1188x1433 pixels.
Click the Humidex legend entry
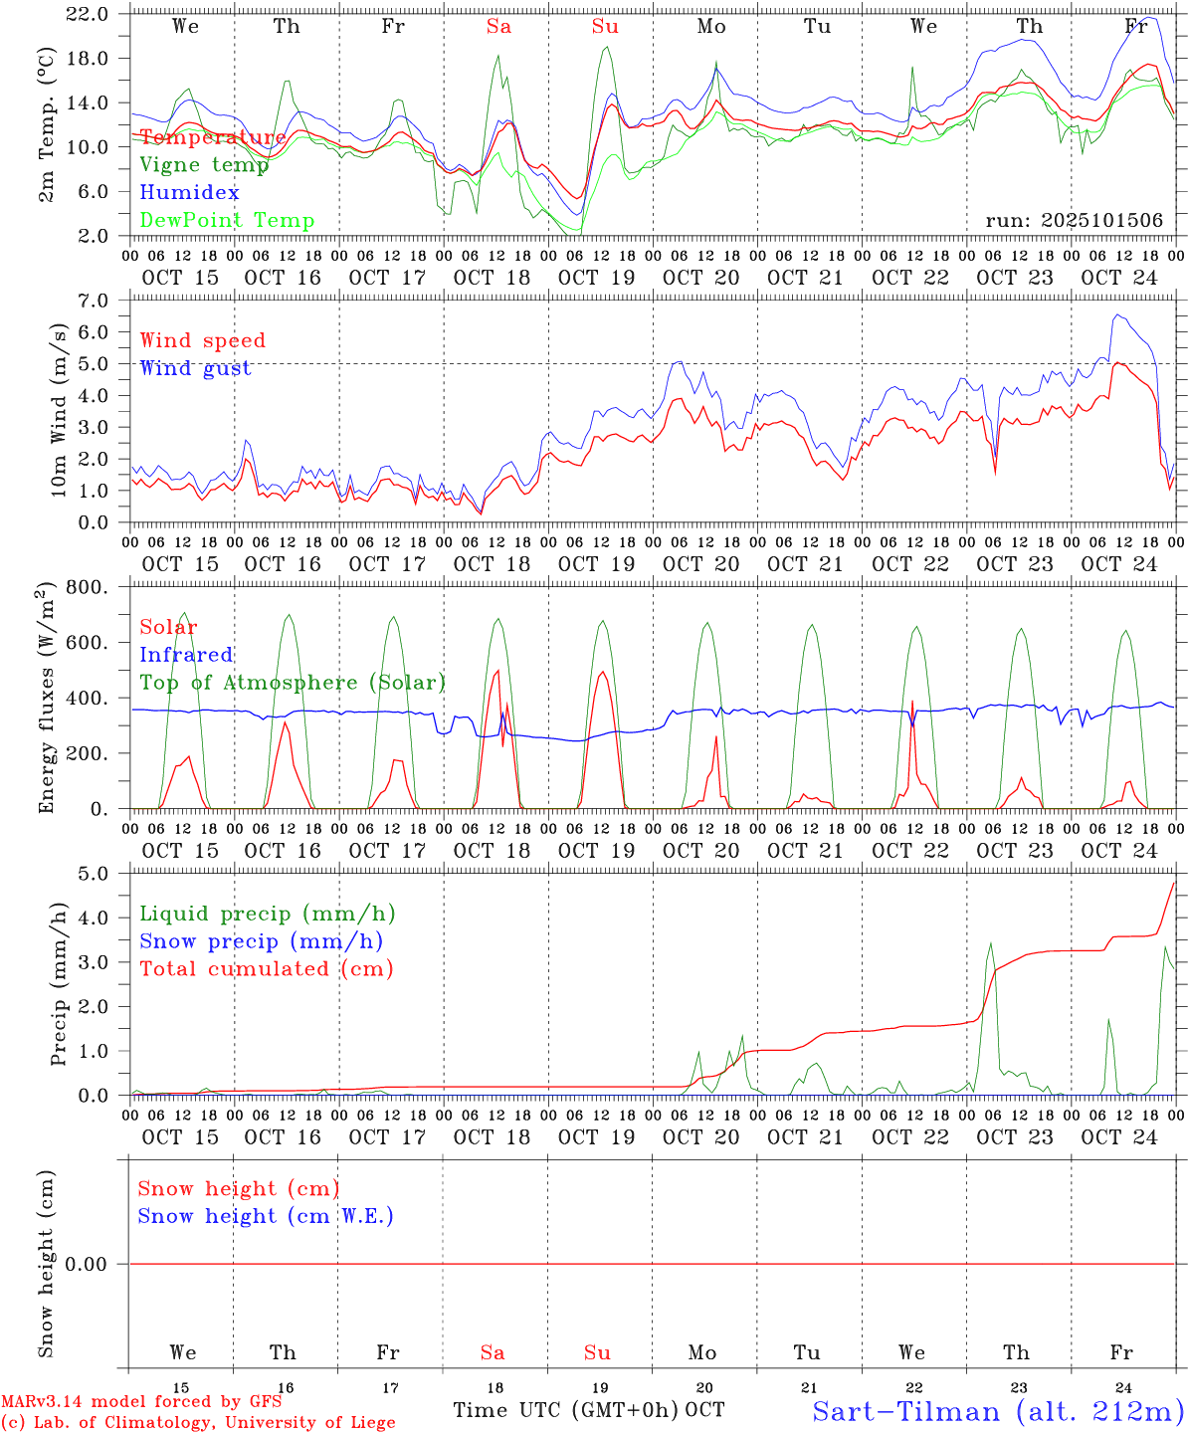[189, 193]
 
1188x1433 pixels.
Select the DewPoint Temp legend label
[227, 221]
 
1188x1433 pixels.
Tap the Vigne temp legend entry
[204, 165]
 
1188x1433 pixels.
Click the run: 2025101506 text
[1074, 221]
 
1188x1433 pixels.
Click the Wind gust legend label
[195, 368]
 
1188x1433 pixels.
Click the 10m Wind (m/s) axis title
[59, 410]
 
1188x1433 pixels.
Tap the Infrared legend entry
[186, 655]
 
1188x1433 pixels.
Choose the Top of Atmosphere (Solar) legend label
[293, 683]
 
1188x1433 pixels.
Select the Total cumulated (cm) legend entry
[267, 969]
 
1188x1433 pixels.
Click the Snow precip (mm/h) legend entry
[261, 941]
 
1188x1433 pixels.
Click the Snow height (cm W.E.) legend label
[266, 1216]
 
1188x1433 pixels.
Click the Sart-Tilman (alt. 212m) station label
[998, 1411]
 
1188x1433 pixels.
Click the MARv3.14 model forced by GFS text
[141, 1401]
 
